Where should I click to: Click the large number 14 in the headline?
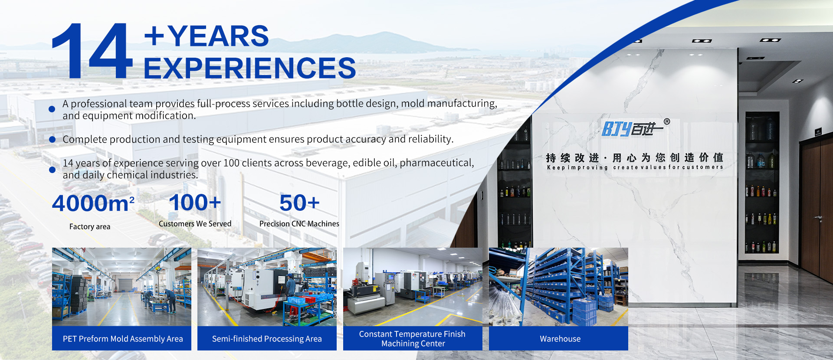click(92, 51)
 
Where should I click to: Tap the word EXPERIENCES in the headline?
click(249, 68)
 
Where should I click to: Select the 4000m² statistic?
click(93, 203)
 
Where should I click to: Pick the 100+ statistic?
click(195, 202)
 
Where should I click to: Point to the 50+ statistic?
click(299, 203)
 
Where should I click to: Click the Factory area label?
click(90, 226)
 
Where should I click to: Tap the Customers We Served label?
click(195, 224)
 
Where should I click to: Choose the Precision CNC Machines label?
click(299, 224)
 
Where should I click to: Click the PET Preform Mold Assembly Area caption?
click(123, 339)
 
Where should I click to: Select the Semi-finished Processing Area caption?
click(267, 339)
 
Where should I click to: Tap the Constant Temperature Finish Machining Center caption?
click(412, 339)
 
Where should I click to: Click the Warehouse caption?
click(560, 339)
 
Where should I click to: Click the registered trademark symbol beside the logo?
click(667, 122)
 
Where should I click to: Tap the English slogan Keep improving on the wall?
click(577, 167)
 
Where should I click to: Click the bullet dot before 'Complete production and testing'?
click(52, 139)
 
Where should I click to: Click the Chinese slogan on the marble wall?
click(634, 157)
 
